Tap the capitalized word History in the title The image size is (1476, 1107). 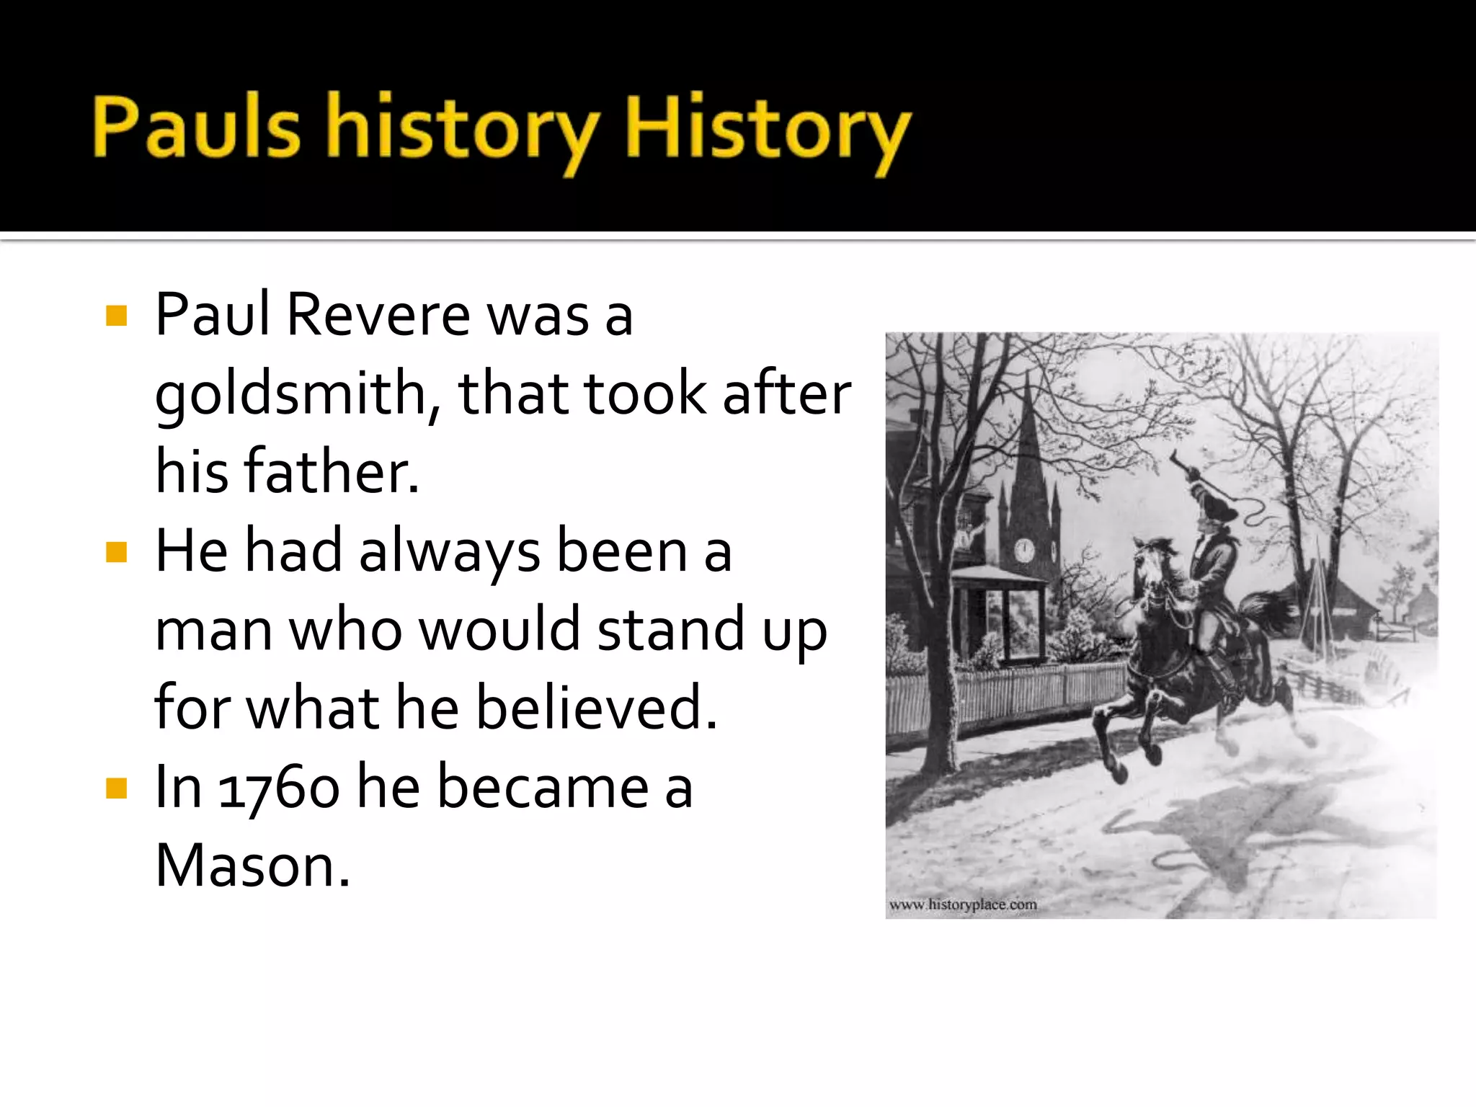[767, 130]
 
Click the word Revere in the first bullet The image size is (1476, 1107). [378, 315]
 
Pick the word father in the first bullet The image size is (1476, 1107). [331, 472]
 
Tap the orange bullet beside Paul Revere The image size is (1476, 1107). [116, 316]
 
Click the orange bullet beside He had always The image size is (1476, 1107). [116, 552]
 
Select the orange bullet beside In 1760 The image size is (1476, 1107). [116, 788]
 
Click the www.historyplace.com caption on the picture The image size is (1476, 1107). [963, 904]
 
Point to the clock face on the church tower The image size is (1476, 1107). [1024, 551]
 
